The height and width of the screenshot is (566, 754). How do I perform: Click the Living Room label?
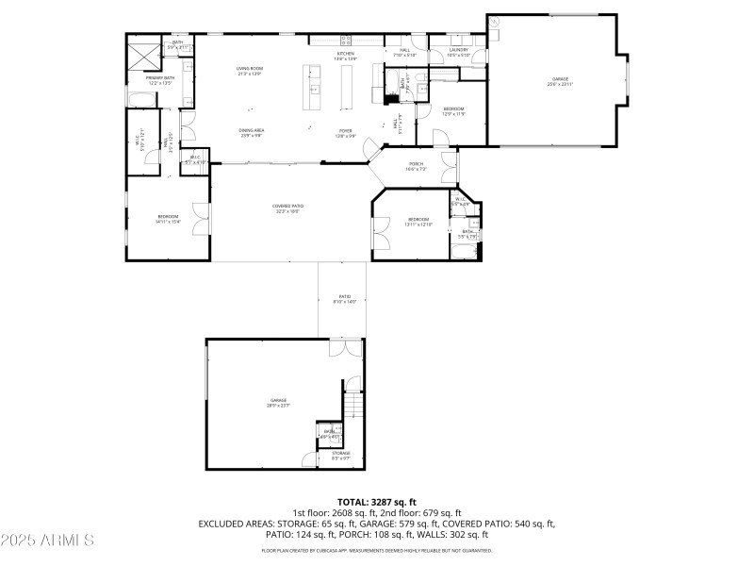[249, 68]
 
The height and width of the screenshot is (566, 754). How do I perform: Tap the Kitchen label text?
[346, 54]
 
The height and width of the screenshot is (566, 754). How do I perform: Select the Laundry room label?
[459, 50]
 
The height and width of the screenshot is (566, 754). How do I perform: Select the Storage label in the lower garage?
[341, 453]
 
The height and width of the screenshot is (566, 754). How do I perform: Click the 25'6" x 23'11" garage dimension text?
[561, 84]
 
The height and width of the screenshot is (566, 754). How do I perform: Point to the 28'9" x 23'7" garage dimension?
[279, 405]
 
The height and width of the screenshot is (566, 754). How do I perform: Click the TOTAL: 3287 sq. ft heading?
[377, 501]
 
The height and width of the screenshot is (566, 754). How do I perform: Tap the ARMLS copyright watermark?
[47, 541]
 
